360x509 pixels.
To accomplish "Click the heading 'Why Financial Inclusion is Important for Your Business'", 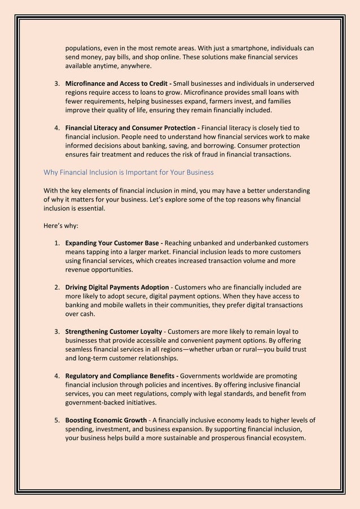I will coord(129,172).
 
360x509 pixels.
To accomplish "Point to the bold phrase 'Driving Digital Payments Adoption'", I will coord(116,287).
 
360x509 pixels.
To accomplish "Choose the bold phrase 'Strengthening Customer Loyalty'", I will coord(114,331).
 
